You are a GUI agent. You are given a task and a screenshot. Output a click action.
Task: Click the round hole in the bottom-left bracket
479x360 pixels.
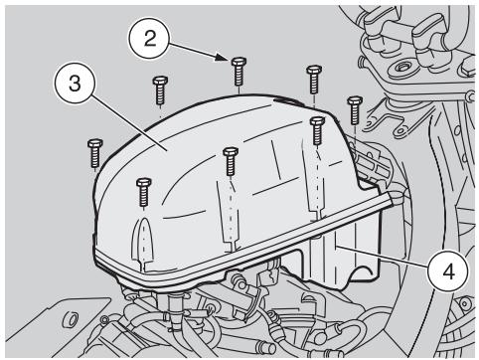(69, 320)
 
